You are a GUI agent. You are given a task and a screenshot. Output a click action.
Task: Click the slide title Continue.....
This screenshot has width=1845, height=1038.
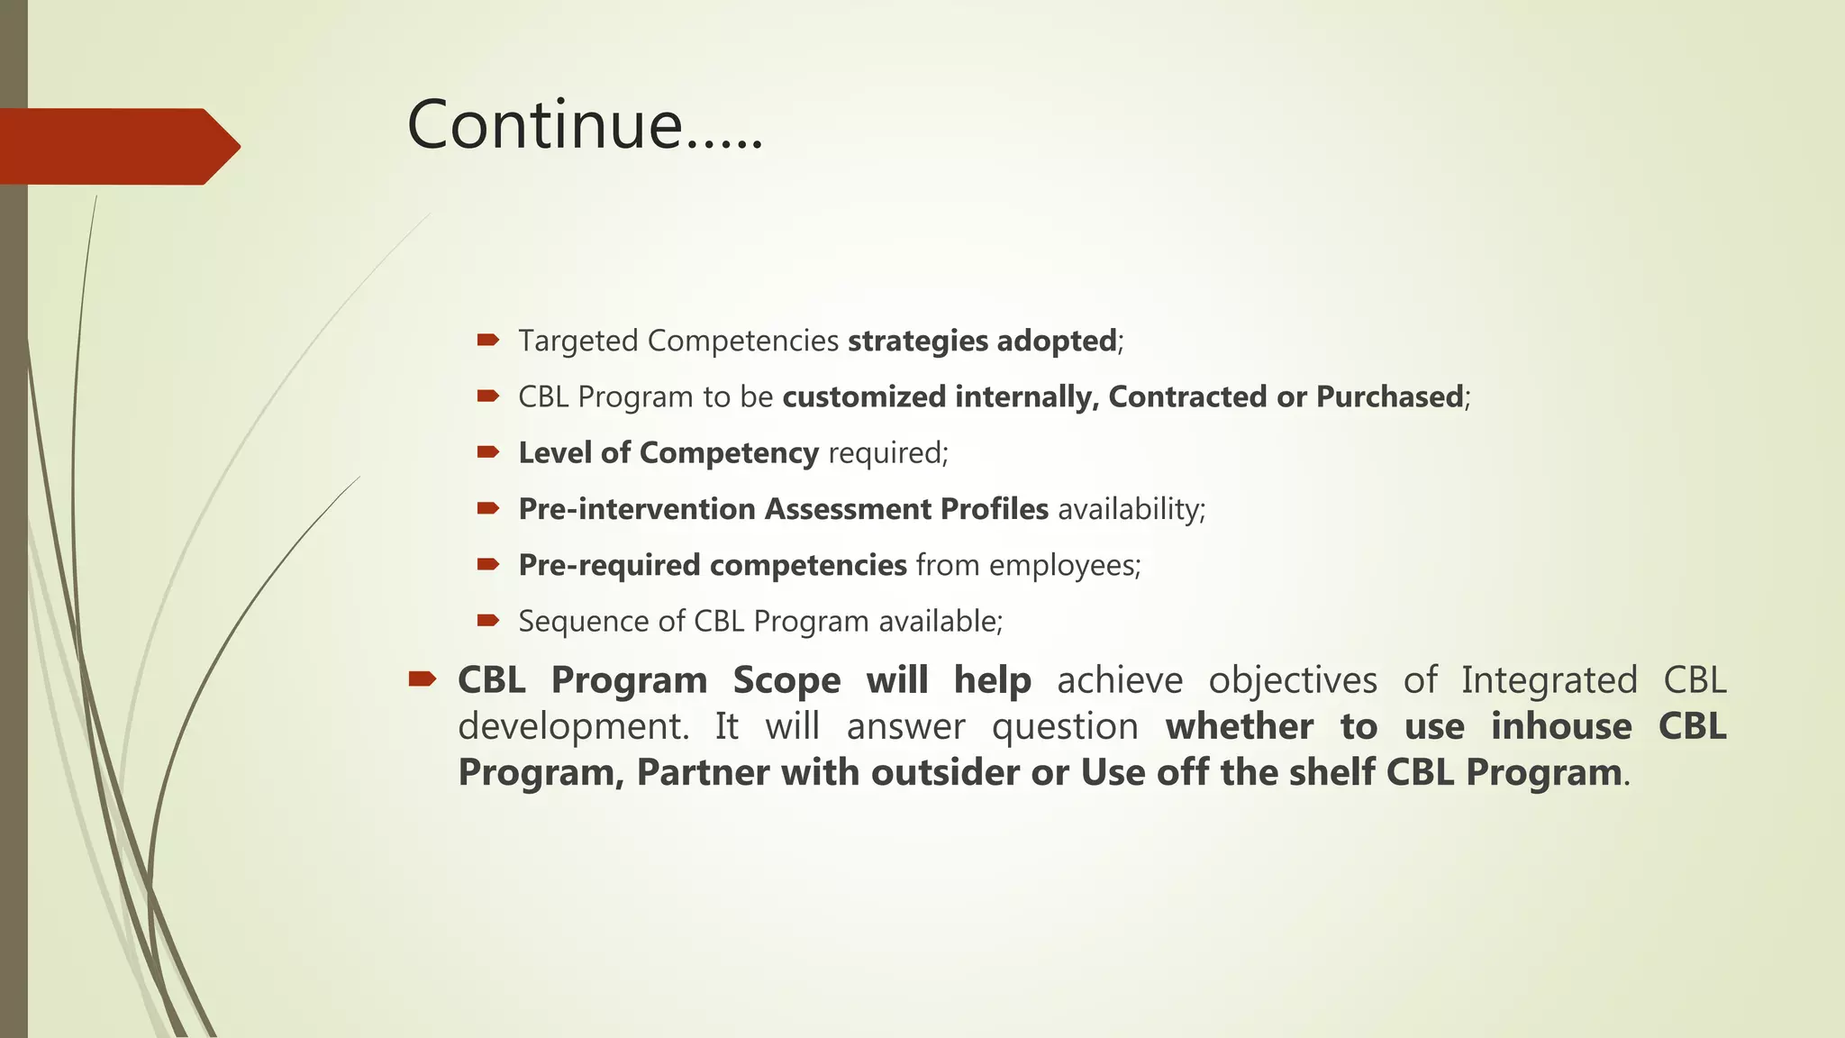pyautogui.click(x=584, y=124)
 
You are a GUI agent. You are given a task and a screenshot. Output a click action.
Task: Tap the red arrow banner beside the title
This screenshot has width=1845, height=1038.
pyautogui.click(x=117, y=146)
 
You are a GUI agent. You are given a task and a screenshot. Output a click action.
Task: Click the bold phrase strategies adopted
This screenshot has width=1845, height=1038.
pyautogui.click(x=982, y=341)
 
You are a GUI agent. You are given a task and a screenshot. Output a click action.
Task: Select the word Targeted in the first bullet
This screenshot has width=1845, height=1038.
pyautogui.click(x=578, y=341)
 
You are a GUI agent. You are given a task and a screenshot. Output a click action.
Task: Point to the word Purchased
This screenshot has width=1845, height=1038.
pyautogui.click(x=1389, y=397)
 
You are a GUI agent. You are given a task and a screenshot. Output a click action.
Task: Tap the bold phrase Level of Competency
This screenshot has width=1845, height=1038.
pyautogui.click(x=668, y=453)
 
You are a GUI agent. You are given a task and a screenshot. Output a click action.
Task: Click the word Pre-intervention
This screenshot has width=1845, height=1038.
pyautogui.click(x=636, y=509)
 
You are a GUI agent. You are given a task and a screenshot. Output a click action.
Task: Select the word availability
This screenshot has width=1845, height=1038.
pyautogui.click(x=1130, y=509)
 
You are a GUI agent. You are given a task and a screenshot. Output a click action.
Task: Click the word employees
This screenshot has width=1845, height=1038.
pyautogui.click(x=1063, y=566)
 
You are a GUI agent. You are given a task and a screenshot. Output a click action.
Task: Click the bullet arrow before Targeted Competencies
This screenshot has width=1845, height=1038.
pyautogui.click(x=488, y=340)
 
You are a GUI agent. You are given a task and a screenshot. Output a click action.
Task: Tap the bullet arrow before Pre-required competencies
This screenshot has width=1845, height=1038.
pyautogui.click(x=488, y=564)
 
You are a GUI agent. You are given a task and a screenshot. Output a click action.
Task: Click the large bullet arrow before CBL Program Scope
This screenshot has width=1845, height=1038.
pyautogui.click(x=422, y=678)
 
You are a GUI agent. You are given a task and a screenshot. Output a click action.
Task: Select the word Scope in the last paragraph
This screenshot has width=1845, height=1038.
pyautogui.click(x=786, y=680)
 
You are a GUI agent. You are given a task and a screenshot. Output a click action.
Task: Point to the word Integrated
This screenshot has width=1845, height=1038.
pyautogui.click(x=1549, y=680)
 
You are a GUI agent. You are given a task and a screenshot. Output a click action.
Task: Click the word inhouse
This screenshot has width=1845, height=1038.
pyautogui.click(x=1560, y=726)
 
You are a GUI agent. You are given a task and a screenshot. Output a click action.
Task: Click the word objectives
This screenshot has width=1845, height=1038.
pyautogui.click(x=1292, y=680)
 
